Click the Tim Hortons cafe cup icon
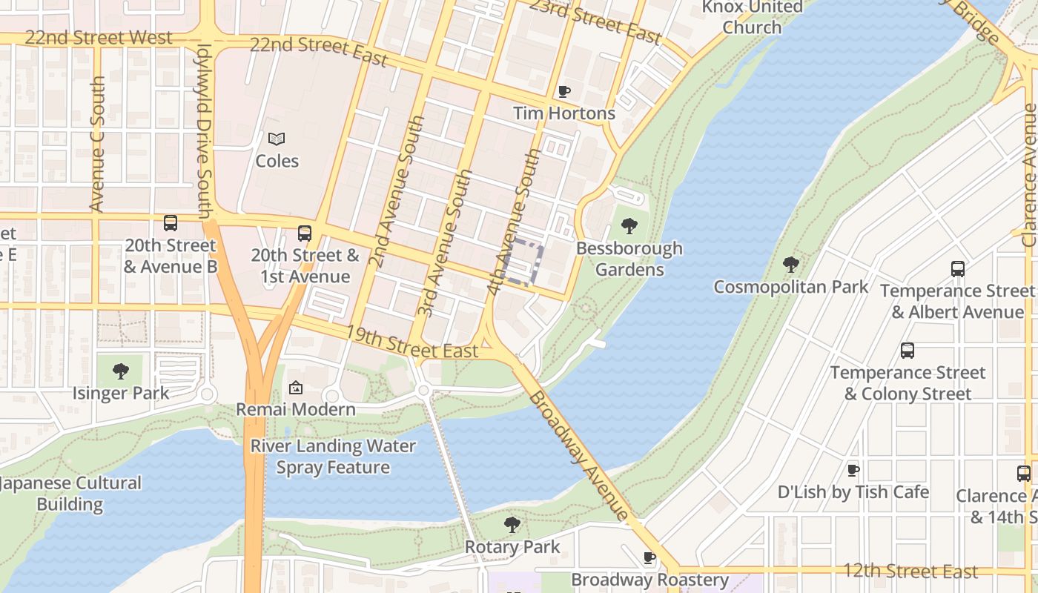point(564,92)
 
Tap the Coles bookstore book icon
point(277,139)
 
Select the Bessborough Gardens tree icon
point(629,225)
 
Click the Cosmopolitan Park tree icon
point(790,264)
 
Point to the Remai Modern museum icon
point(295,387)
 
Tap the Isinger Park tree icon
point(121,371)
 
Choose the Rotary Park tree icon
point(512,525)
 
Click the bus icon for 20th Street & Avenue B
point(171,222)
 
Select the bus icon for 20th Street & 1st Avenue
point(304,233)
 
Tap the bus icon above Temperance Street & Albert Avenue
point(957,268)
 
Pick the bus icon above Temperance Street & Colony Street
point(907,350)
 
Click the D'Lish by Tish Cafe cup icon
point(853,470)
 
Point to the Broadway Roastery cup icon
point(649,557)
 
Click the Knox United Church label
point(752,17)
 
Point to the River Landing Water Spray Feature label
point(333,457)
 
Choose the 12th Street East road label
point(910,571)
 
